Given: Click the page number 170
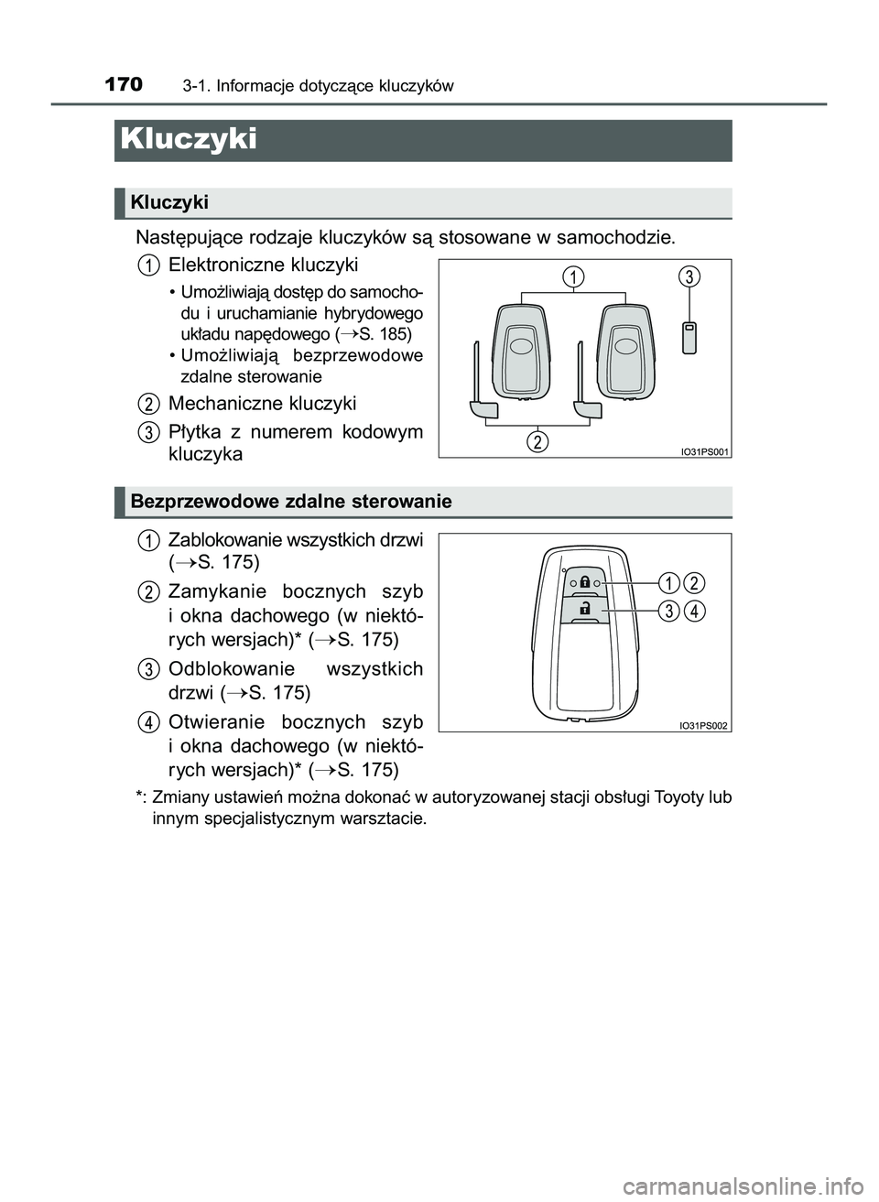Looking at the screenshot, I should [124, 85].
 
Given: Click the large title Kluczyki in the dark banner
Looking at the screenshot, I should [189, 139].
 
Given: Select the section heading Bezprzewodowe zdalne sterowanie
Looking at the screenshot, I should [291, 502].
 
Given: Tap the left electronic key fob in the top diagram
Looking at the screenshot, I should [520, 350].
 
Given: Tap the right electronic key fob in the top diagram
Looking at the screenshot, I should [624, 350].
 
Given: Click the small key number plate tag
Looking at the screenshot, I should [689, 336].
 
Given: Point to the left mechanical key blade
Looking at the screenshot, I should [483, 389].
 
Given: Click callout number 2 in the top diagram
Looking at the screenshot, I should [537, 442].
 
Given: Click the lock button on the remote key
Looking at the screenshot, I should [583, 583].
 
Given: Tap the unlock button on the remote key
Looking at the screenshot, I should [583, 609].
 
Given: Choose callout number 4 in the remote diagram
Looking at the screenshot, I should [695, 611].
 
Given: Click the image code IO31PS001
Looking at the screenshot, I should [704, 450].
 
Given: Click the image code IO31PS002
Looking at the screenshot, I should [703, 725].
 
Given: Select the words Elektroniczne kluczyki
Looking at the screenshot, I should [263, 265].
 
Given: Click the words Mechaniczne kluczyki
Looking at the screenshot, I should [262, 404].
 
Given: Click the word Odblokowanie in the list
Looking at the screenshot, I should [232, 668].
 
